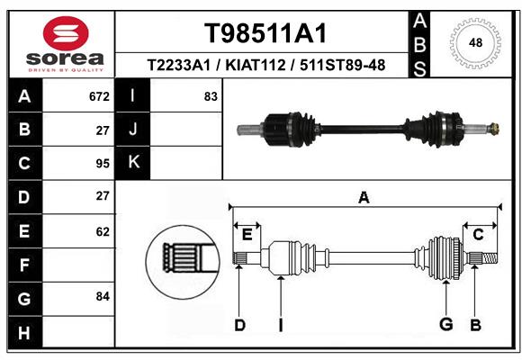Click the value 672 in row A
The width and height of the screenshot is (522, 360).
coord(99,96)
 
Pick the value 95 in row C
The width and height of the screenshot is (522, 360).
coord(102,164)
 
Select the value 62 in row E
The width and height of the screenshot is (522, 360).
coord(102,231)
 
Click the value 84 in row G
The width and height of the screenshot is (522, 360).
coord(102,296)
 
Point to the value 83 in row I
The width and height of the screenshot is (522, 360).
coord(211,96)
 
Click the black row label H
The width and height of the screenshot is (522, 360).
coord(23,333)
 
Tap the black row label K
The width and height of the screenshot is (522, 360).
coord(133,163)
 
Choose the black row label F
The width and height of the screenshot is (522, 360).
coord(23,265)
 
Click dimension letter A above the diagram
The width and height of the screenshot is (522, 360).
coord(364,198)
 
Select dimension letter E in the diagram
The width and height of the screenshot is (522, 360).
coord(247,235)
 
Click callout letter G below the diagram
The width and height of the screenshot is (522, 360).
coord(445,324)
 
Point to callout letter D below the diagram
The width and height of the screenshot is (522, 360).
coord(239,325)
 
